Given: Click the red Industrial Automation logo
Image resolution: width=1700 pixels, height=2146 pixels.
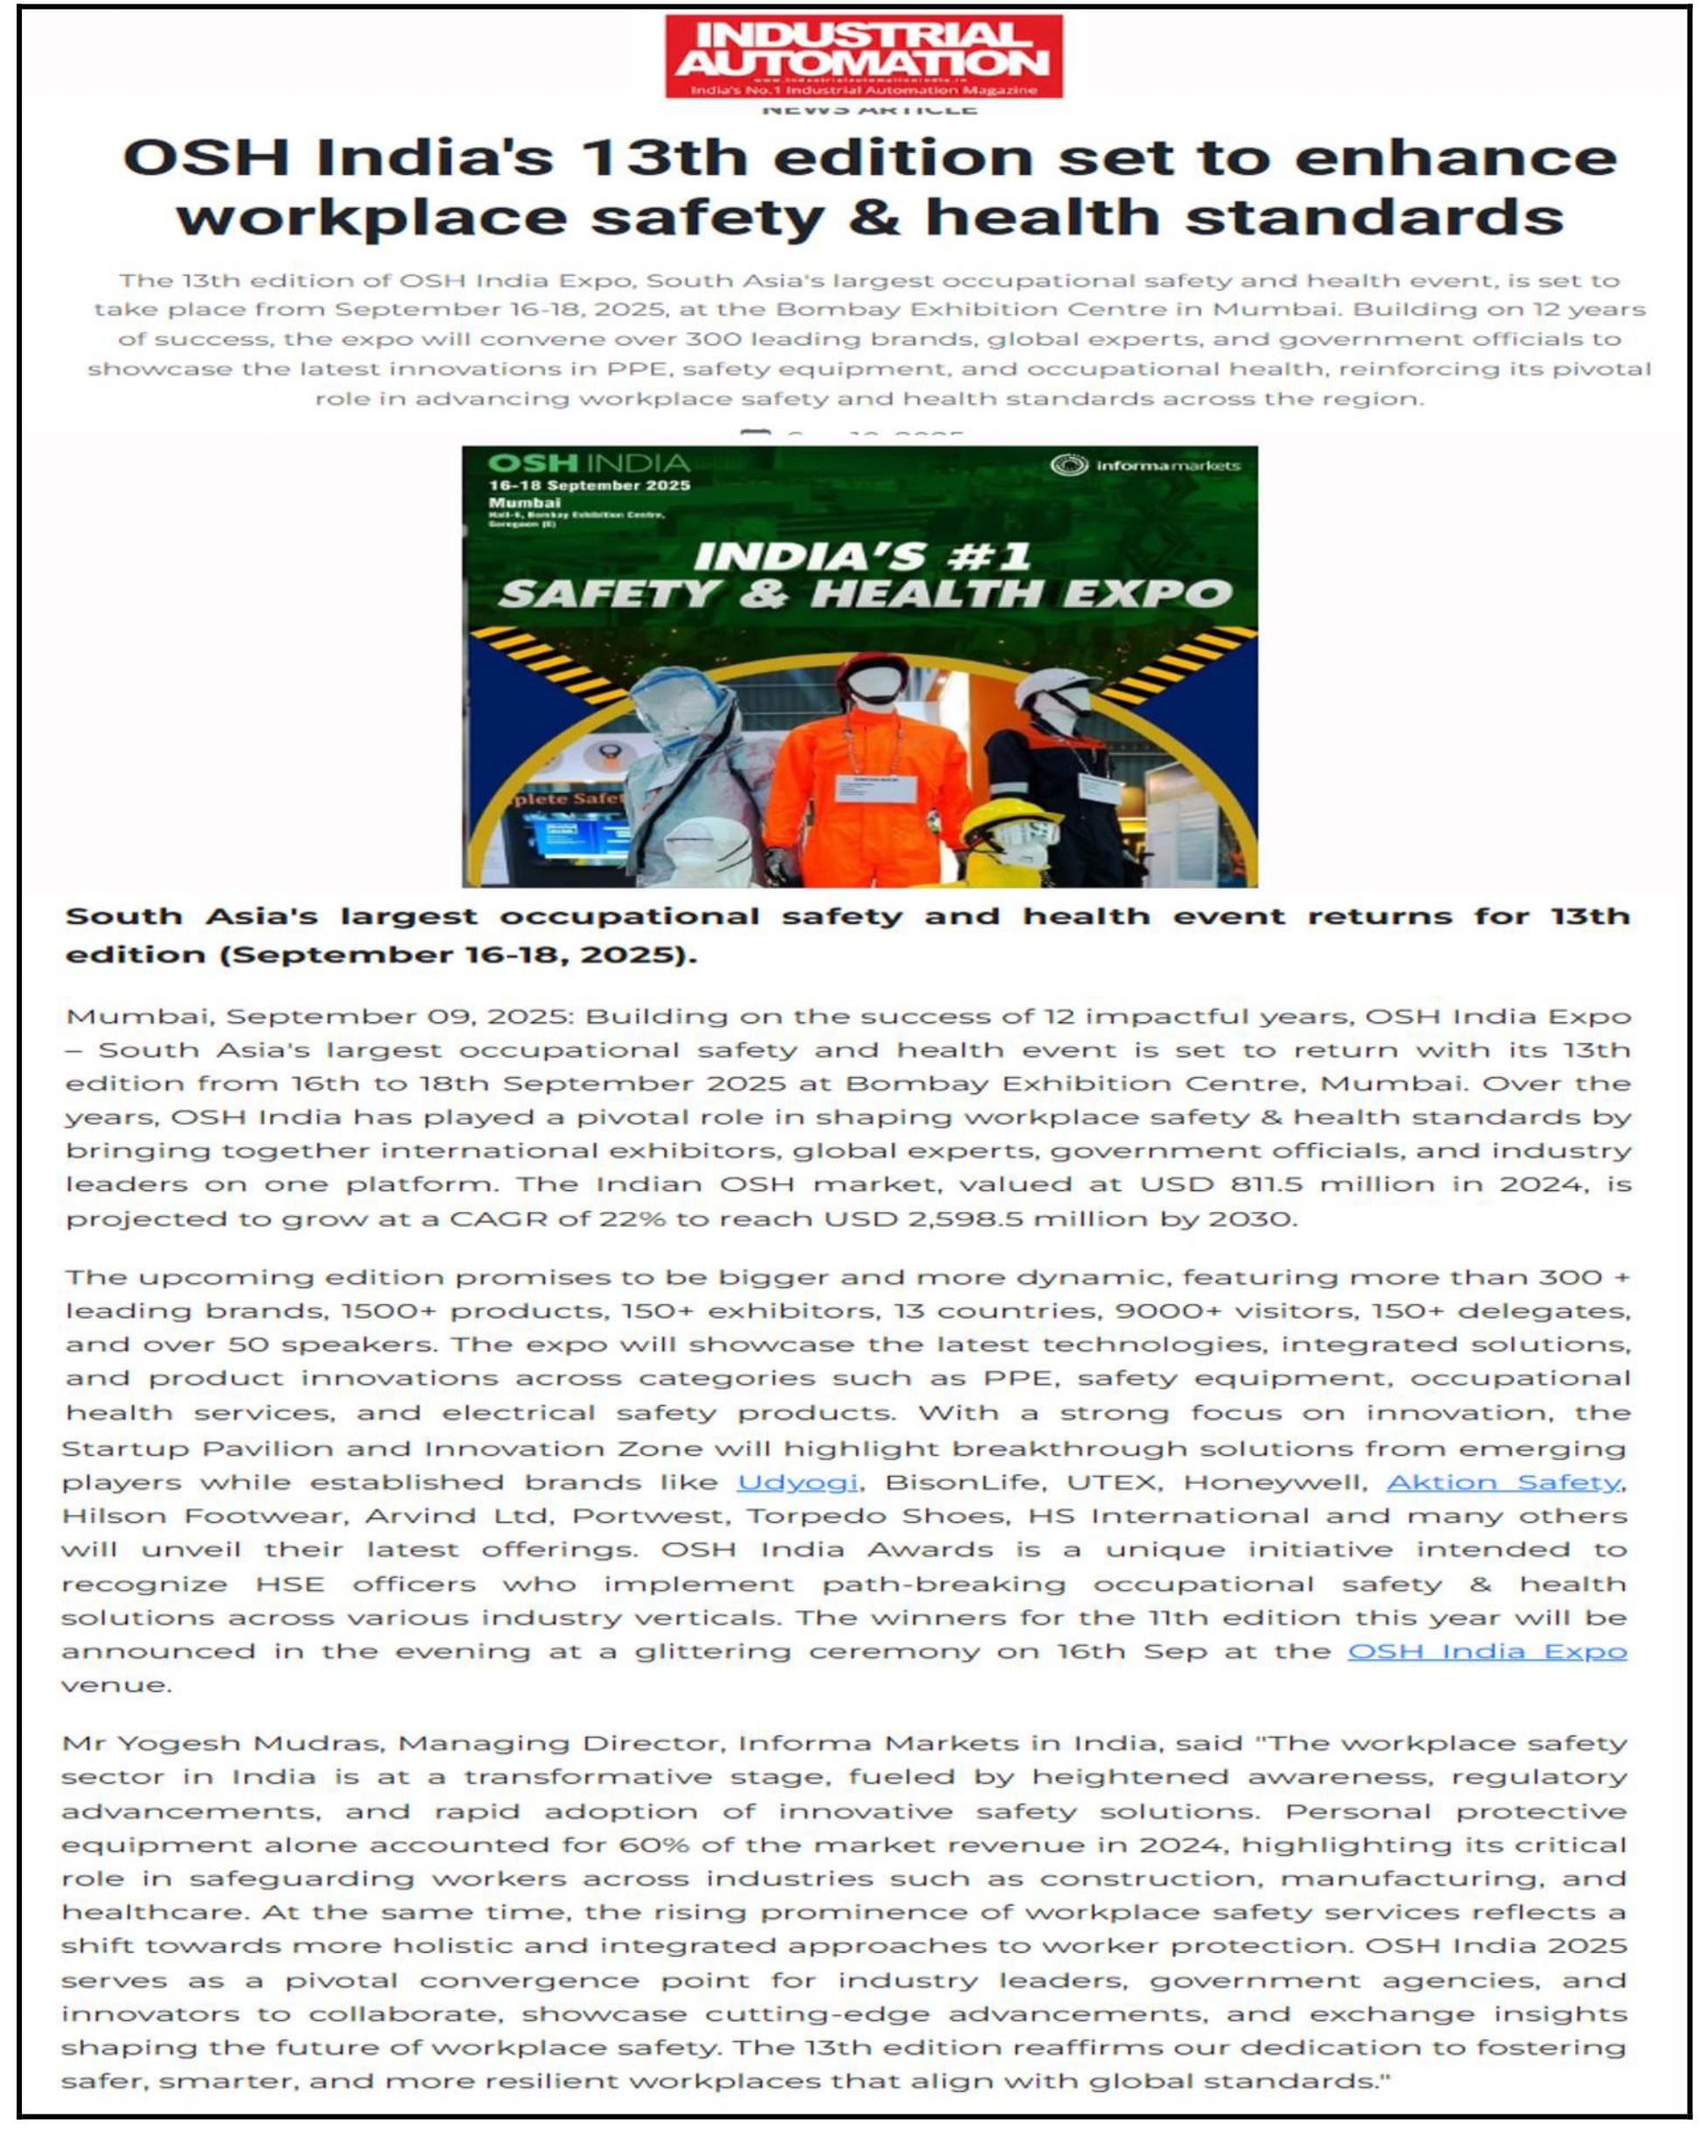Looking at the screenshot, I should tap(863, 56).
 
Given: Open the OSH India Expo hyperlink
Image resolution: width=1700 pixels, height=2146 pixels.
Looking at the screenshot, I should tap(1486, 1651).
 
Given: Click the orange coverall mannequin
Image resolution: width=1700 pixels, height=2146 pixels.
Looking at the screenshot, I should tap(869, 786).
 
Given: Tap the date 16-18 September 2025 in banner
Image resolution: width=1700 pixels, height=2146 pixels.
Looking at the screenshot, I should tap(589, 486).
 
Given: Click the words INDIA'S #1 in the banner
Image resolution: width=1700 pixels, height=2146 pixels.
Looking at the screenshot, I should tap(861, 556).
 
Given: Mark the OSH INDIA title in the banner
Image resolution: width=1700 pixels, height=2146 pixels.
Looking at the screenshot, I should tap(588, 463).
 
